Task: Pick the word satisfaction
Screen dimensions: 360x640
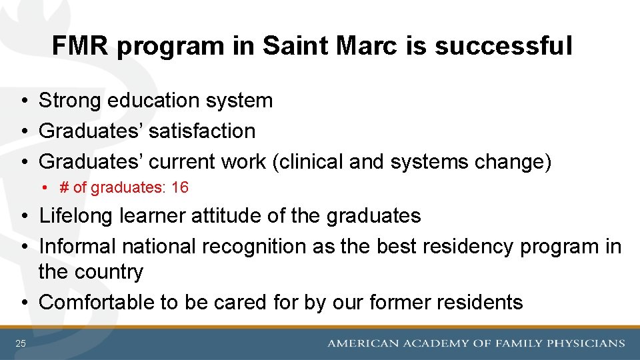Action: (x=202, y=131)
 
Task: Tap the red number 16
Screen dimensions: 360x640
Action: (x=180, y=188)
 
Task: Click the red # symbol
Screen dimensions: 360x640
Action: (x=65, y=188)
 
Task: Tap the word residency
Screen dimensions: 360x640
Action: (x=471, y=247)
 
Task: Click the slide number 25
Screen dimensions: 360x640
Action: (x=21, y=343)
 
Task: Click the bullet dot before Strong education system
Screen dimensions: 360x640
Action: (x=23, y=101)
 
